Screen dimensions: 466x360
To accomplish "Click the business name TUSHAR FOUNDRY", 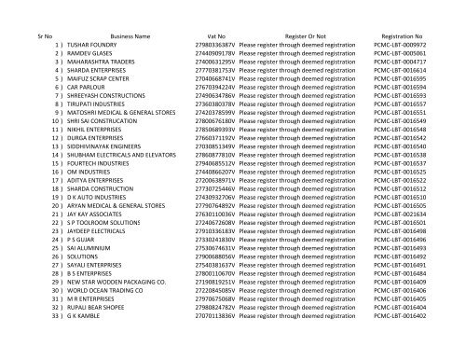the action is (89, 44).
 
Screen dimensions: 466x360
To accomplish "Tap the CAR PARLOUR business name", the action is (85, 90).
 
